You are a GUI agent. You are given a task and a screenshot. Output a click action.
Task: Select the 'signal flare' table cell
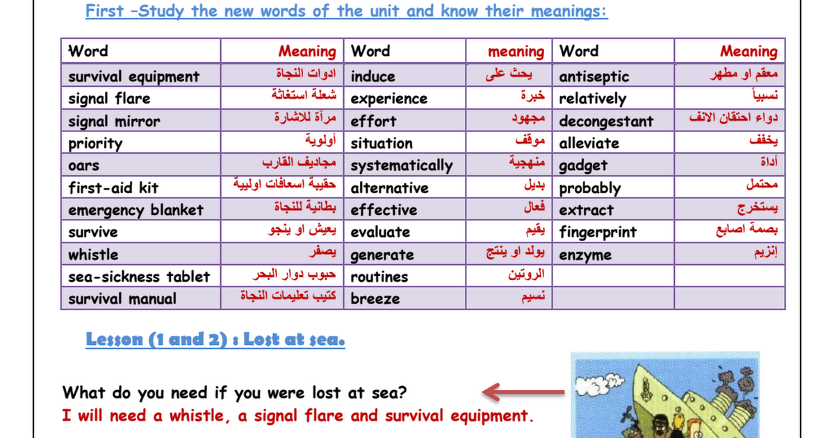141,98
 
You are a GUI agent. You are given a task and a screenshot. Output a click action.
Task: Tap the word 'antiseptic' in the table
594,76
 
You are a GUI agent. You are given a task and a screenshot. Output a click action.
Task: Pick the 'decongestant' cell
613,121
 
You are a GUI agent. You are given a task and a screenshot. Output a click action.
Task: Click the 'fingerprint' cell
613,232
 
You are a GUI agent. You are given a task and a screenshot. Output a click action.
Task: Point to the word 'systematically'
402,165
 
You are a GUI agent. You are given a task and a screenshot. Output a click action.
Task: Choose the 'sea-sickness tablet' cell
141,277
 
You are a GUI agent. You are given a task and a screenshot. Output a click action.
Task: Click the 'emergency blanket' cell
141,210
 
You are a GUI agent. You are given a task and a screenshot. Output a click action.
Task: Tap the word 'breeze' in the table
375,299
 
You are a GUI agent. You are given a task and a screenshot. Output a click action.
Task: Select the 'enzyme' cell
613,254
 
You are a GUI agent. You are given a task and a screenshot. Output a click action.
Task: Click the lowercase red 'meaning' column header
516,51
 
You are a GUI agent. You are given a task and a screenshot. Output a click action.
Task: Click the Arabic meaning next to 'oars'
299,163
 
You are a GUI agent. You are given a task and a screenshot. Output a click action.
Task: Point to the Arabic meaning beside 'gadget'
769,161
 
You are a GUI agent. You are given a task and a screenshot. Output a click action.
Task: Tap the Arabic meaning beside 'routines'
526,274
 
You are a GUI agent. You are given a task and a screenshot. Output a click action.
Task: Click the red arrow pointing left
523,392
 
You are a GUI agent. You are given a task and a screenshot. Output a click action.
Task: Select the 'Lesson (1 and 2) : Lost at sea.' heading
215,339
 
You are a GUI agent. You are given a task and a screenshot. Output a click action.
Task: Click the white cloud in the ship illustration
598,384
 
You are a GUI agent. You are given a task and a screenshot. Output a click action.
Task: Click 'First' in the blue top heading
104,11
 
